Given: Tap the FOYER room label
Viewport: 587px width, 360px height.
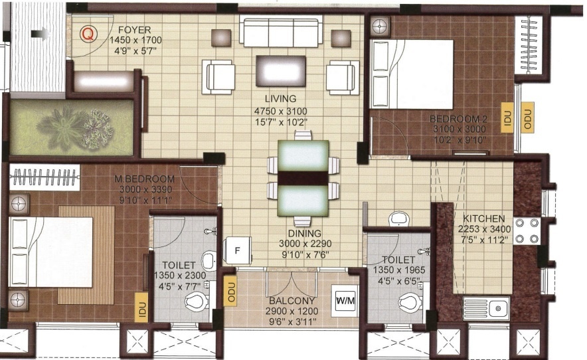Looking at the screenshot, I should (x=135, y=30).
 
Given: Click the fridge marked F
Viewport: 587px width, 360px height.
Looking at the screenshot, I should (x=237, y=250).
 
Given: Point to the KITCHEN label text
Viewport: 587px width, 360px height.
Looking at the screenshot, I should (x=484, y=219).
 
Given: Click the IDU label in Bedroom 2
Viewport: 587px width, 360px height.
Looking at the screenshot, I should (x=507, y=118).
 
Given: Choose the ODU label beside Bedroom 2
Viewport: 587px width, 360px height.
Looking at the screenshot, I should (x=528, y=118).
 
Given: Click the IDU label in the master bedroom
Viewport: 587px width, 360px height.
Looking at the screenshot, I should (x=141, y=308).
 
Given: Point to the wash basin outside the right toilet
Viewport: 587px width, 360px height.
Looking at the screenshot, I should (x=399, y=219).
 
